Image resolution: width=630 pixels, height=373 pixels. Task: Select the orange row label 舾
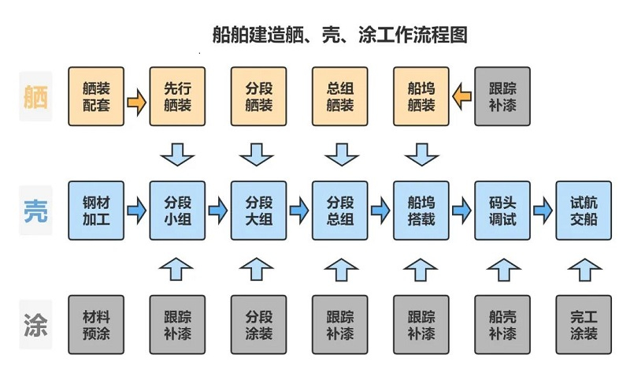click(x=35, y=95)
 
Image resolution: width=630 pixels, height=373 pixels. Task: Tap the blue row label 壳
click(x=35, y=210)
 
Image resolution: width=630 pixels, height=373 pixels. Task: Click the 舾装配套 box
click(x=96, y=96)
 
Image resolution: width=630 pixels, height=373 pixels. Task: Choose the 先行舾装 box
click(x=177, y=96)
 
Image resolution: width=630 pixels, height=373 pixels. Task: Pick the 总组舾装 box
click(x=339, y=96)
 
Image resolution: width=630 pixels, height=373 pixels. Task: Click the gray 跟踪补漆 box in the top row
click(x=502, y=96)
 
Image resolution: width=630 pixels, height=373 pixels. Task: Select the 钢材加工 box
click(x=96, y=211)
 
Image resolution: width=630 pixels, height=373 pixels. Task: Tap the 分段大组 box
click(x=258, y=211)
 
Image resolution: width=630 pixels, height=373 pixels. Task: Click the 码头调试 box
click(x=502, y=211)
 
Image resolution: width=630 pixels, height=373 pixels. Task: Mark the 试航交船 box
click(x=583, y=211)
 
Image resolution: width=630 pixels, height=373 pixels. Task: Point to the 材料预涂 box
click(x=96, y=324)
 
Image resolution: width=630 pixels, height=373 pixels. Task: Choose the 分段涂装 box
click(x=258, y=324)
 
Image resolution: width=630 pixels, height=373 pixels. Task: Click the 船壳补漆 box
click(x=502, y=324)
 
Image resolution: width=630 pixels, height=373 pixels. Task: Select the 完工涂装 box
click(x=583, y=324)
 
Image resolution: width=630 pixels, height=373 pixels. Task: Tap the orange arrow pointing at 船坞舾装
click(x=461, y=96)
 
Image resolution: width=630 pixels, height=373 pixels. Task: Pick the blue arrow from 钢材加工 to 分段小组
click(x=137, y=211)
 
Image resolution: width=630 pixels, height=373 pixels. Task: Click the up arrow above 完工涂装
click(x=583, y=268)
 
